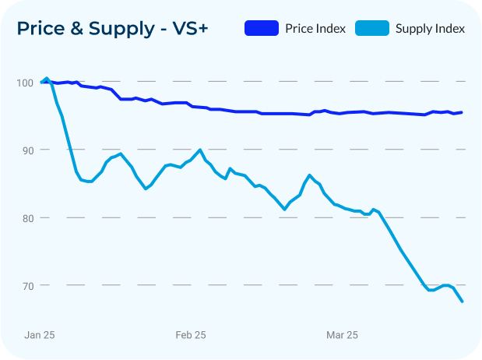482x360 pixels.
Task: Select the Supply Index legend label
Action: coord(430,29)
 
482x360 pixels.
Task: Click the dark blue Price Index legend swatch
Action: coord(261,29)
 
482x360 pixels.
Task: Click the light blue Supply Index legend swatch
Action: coord(371,29)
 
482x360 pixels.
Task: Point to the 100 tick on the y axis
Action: coord(26,83)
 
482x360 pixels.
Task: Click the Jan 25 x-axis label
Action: coord(40,335)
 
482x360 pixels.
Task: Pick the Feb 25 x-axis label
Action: coord(191,335)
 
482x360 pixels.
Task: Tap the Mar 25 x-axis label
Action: coord(342,335)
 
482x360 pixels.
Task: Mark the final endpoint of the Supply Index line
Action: coord(463,302)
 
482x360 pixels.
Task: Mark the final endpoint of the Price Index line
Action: coord(463,112)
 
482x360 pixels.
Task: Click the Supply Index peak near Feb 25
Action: coord(200,150)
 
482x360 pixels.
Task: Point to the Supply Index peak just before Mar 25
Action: coord(310,175)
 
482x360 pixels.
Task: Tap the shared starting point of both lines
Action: coord(40,82)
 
